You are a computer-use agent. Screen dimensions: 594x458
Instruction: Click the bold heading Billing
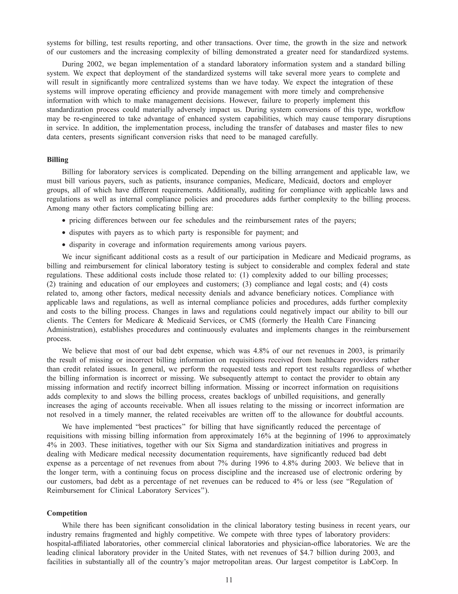point(57,160)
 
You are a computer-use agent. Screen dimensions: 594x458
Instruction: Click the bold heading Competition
point(67,513)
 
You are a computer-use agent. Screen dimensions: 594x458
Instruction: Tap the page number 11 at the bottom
point(229,580)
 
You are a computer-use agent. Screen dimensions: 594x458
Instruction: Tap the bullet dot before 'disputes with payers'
point(64,233)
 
